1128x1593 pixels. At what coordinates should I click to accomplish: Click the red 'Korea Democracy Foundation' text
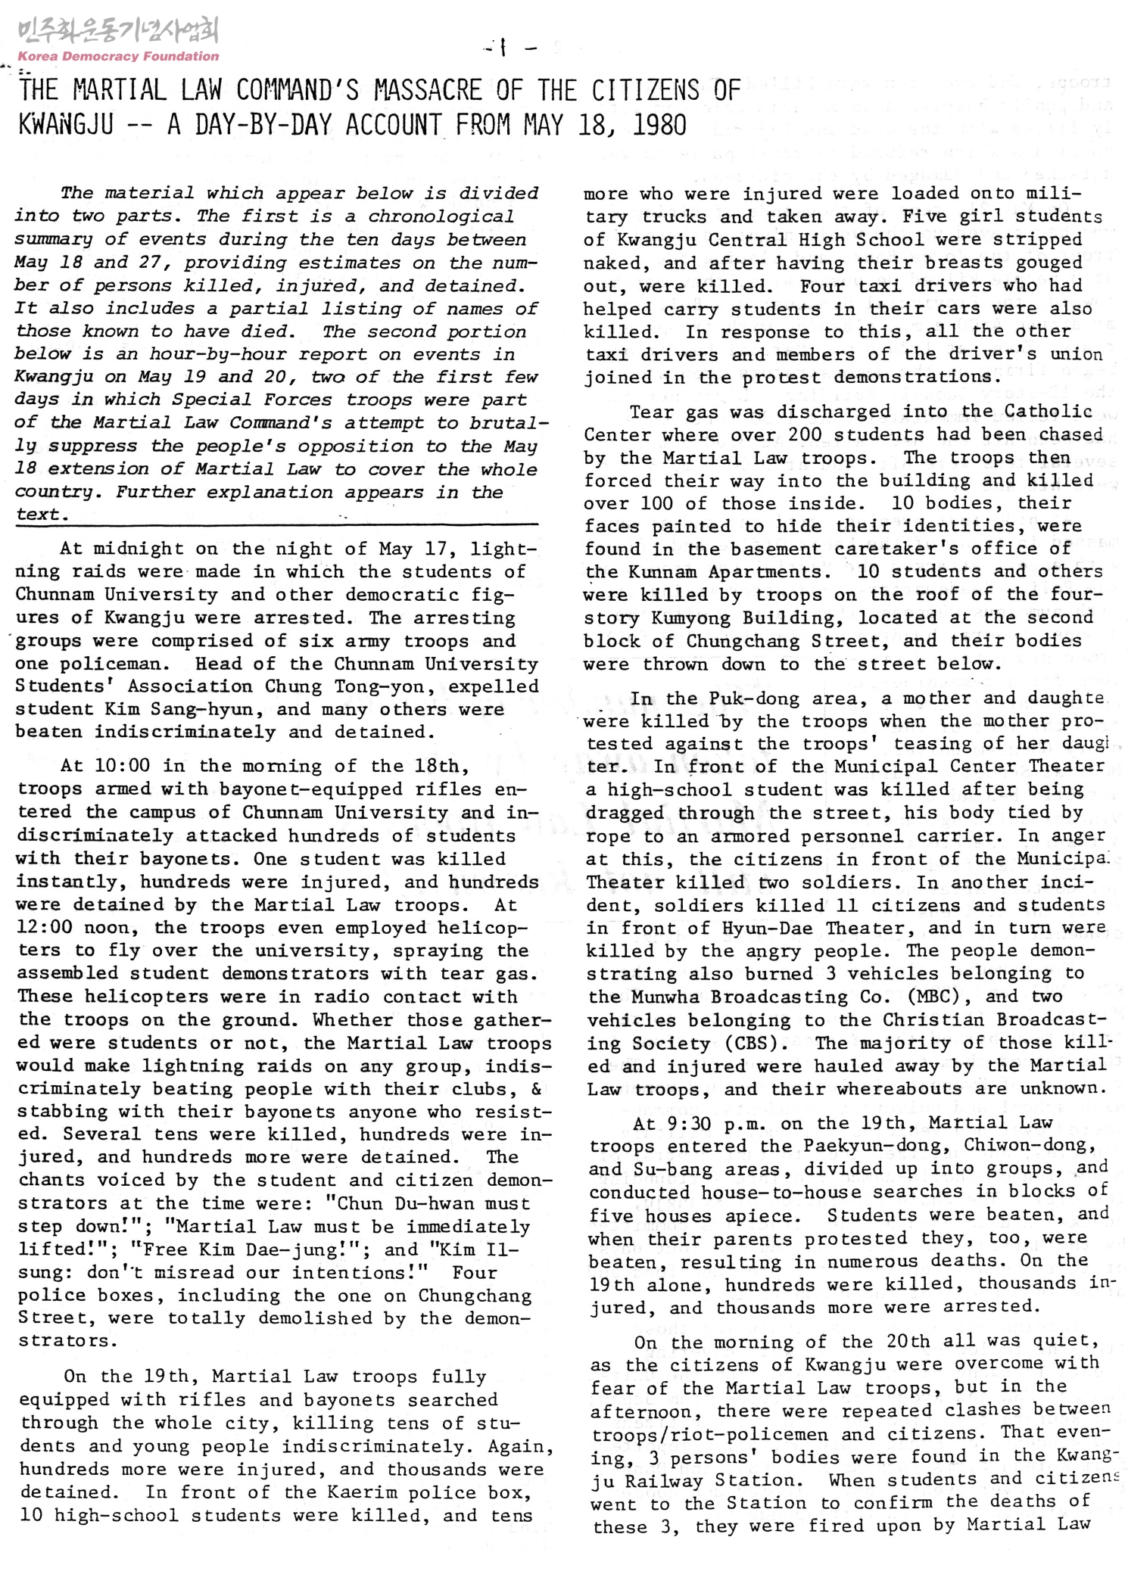[118, 56]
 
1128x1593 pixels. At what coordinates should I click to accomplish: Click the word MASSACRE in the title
[428, 90]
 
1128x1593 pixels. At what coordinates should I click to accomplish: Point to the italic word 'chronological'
[441, 216]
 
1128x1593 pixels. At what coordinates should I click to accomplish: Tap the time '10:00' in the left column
[123, 766]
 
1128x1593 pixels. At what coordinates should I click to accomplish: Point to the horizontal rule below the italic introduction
[277, 524]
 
